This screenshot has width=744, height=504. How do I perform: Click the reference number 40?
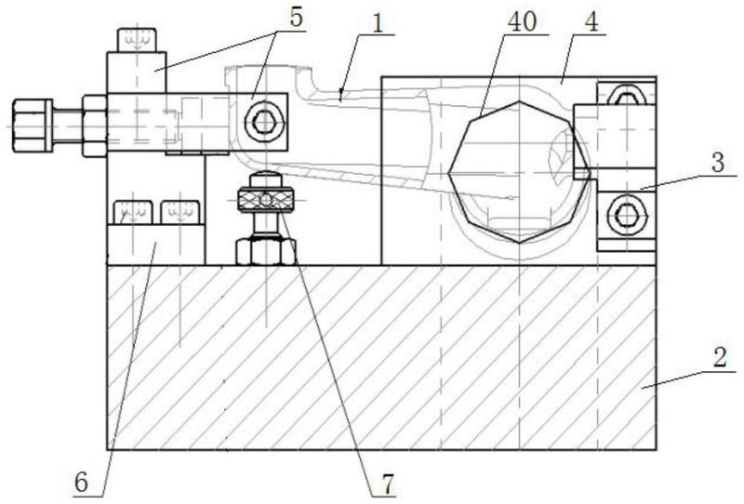click(522, 21)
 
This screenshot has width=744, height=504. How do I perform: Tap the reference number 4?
click(592, 22)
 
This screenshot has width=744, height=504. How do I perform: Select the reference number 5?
click(296, 18)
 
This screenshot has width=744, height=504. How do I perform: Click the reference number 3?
click(718, 163)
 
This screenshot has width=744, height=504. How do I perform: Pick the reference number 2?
click(720, 357)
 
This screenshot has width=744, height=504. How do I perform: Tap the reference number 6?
click(81, 483)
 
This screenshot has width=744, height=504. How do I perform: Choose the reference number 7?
click(388, 484)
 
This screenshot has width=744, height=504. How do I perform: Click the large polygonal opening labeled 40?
click(521, 172)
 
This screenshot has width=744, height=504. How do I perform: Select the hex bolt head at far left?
click(32, 126)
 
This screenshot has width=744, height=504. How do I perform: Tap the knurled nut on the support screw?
click(265, 199)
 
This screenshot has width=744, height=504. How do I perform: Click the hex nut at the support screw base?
click(266, 251)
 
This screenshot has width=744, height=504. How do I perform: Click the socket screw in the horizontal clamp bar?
click(263, 124)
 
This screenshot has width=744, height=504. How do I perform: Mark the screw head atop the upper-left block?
click(137, 40)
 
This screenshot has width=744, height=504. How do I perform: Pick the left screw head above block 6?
click(133, 213)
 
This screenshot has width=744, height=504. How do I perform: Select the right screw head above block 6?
click(179, 213)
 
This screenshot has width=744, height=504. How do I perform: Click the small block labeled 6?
click(156, 245)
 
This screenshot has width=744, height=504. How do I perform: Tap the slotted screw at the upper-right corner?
click(627, 95)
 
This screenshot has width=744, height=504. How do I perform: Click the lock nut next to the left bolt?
click(95, 126)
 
